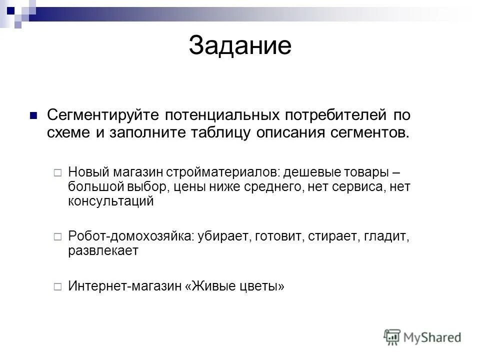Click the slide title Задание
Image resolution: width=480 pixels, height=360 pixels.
tap(240, 46)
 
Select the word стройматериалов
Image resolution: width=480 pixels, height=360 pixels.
tap(223, 171)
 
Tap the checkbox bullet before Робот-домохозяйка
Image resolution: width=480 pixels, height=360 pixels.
tap(57, 236)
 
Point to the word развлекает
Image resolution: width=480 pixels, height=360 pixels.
tap(103, 250)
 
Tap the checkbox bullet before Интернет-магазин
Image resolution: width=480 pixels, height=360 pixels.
tap(57, 286)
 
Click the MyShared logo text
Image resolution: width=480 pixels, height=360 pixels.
tap(433, 337)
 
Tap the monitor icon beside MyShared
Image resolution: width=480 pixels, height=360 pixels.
tap(392, 337)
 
